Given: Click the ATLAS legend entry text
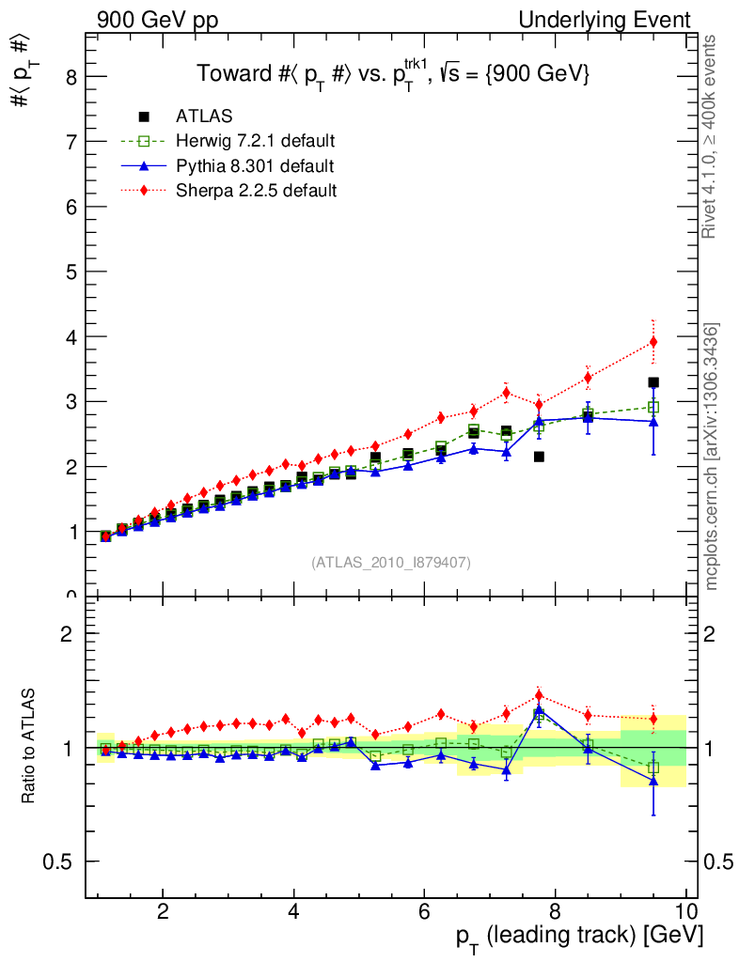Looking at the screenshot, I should [204, 116].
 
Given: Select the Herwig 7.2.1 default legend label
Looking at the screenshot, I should [256, 141].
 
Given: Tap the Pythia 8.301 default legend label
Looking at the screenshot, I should [255, 166].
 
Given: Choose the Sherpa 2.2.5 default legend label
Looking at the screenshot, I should [256, 191].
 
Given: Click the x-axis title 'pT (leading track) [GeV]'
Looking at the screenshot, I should [579, 937].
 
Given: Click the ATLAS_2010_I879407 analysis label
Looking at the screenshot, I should [391, 563].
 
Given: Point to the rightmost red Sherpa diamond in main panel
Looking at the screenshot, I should [653, 342].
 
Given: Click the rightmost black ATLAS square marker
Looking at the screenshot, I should [653, 382].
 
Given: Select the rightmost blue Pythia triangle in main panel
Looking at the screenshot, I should [653, 422].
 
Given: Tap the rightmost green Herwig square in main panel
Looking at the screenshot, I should [653, 407].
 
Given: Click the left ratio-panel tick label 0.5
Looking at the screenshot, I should [62, 861].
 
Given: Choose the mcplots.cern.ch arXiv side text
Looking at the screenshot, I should [713, 457].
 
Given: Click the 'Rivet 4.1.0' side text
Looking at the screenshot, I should [713, 136].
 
